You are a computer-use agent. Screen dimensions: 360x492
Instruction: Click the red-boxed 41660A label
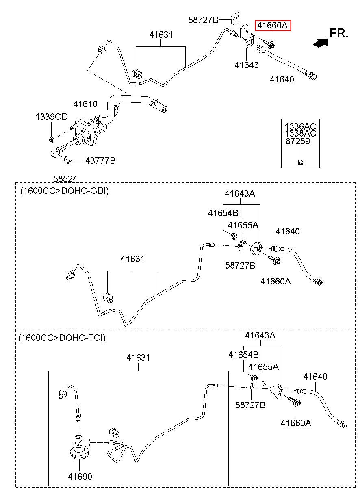[x=272, y=26]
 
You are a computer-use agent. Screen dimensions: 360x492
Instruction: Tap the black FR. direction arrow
[x=321, y=43]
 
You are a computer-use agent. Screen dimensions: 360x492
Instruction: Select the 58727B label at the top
[x=203, y=20]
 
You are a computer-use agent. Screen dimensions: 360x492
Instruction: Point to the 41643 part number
[x=247, y=65]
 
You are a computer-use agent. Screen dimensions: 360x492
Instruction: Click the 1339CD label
[x=52, y=117]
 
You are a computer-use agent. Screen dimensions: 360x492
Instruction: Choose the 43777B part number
[x=100, y=160]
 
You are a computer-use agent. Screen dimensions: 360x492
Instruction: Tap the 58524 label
[x=65, y=179]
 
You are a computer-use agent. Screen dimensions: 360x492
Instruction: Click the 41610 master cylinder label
[x=85, y=104]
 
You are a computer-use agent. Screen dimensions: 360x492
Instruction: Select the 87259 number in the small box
[x=297, y=141]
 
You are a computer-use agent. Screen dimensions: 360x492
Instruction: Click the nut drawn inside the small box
[x=300, y=163]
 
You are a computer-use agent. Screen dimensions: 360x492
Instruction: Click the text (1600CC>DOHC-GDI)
[x=65, y=191]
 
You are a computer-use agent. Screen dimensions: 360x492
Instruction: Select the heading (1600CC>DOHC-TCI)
[x=62, y=337]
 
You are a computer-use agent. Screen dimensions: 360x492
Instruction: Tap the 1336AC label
[x=300, y=126]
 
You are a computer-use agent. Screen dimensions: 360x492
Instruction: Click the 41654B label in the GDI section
[x=223, y=213]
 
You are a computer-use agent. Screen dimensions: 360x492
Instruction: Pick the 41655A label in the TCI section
[x=263, y=366]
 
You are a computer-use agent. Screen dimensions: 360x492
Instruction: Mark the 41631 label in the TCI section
[x=139, y=358]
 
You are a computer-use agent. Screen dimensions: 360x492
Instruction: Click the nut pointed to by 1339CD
[x=51, y=139]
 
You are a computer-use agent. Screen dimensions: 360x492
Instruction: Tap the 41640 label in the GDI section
[x=288, y=231]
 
